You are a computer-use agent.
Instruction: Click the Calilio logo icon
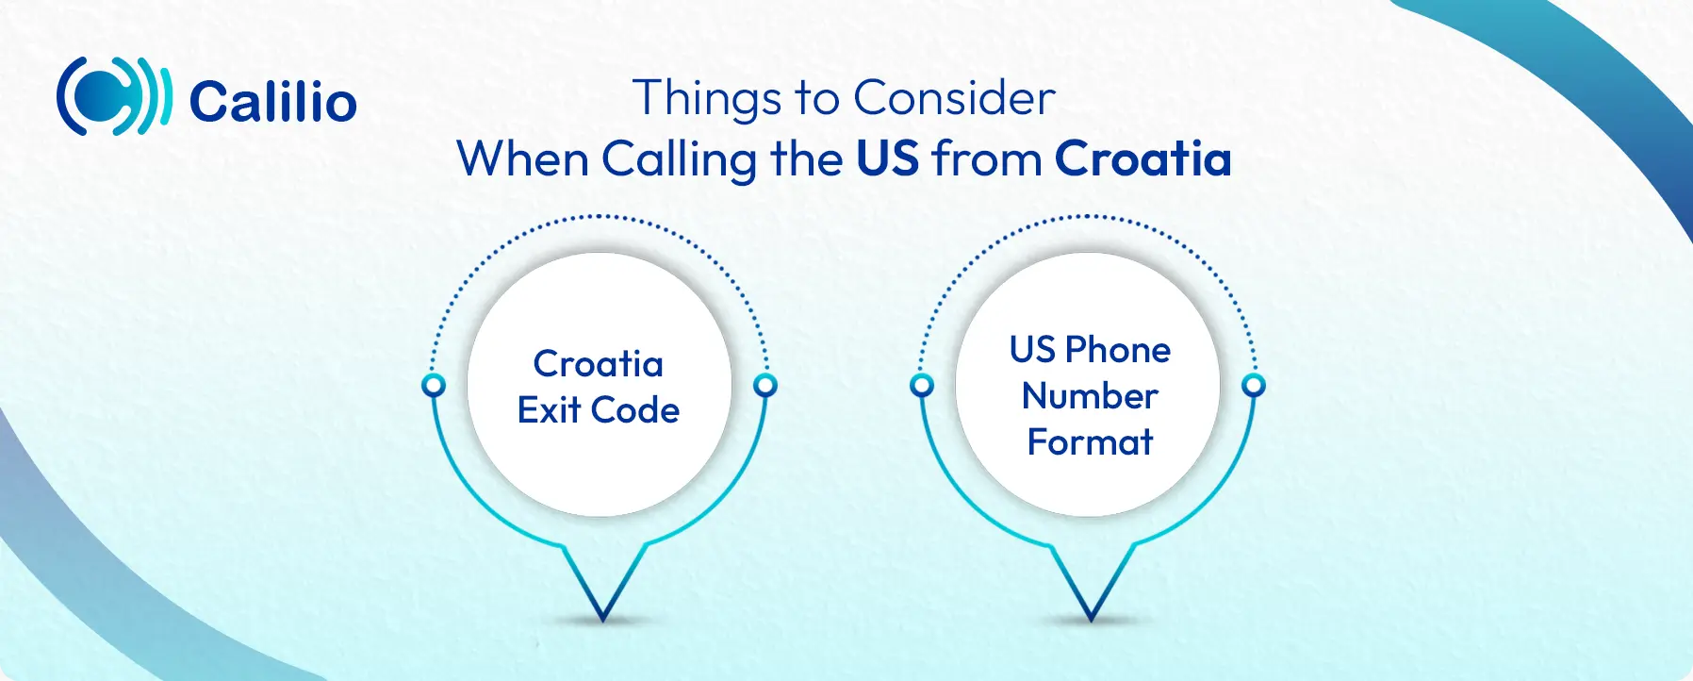114,96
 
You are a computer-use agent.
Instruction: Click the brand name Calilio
273,101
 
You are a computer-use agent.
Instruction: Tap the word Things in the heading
707,99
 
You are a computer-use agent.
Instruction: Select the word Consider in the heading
954,98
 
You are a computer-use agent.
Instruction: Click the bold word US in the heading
887,158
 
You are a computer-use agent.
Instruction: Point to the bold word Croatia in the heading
1143,158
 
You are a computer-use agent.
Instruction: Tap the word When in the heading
523,158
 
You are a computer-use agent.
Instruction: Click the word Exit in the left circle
549,410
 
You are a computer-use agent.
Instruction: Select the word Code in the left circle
635,410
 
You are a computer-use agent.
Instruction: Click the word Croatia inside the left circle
599,364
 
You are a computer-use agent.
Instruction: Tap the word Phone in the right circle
1118,351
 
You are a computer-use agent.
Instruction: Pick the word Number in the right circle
1091,396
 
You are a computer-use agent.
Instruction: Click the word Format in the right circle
1091,442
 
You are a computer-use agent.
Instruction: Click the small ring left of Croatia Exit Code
434,385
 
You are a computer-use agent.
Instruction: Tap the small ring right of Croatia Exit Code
765,385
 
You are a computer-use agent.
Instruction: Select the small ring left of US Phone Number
922,385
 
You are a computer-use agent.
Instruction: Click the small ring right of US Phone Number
1254,385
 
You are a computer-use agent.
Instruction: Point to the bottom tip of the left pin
602,620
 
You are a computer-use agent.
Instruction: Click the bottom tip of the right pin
1091,620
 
